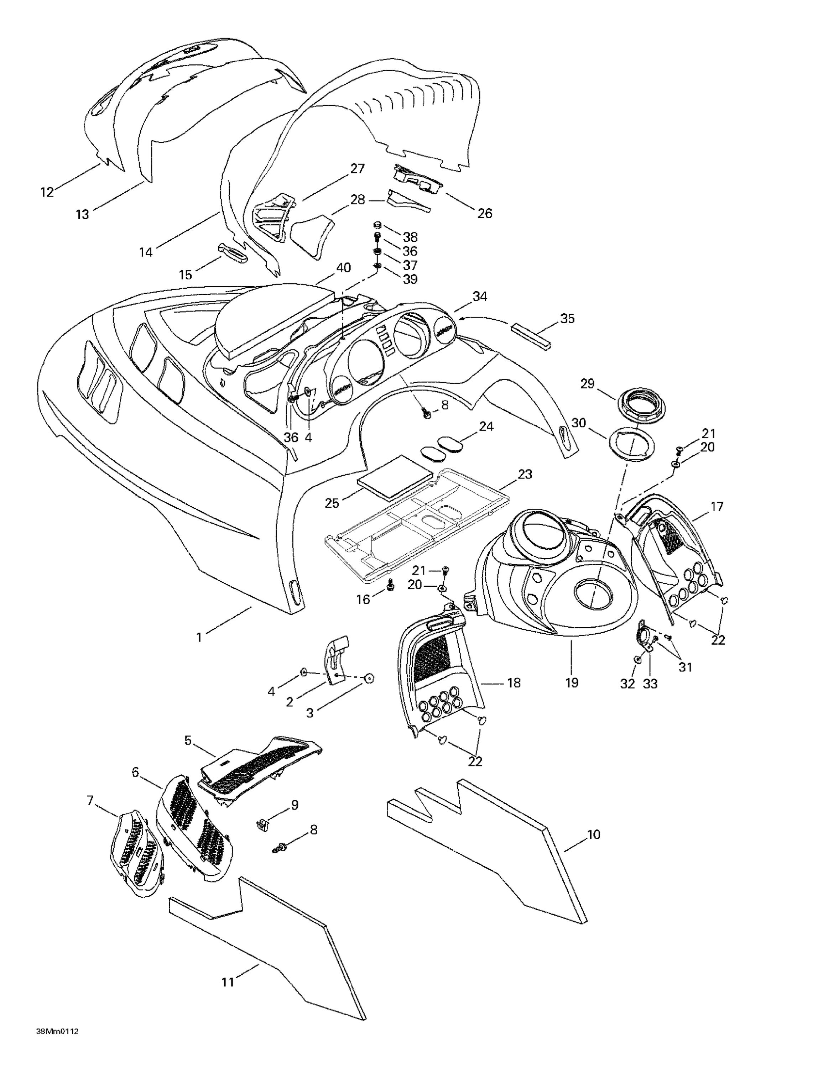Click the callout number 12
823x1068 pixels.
[x=47, y=192]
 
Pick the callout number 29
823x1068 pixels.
[x=587, y=384]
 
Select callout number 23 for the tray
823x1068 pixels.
[x=525, y=474]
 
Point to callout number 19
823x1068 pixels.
[x=572, y=682]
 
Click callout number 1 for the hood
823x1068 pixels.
[x=199, y=638]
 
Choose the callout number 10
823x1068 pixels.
[x=593, y=835]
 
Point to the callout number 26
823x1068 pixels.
[x=484, y=213]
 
